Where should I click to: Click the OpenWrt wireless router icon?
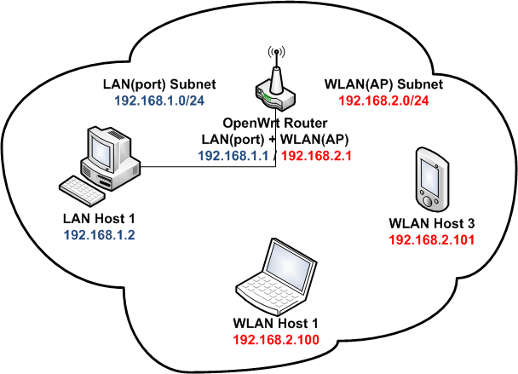274,95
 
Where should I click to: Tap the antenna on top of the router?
274,64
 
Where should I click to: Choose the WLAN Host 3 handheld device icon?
430,179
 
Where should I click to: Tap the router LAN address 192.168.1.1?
233,156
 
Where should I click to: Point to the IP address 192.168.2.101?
430,240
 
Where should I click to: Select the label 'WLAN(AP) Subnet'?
383,85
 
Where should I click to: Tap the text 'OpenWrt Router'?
274,124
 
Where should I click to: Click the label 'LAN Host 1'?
99,218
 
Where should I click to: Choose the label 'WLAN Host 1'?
274,325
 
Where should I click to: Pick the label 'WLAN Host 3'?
431,226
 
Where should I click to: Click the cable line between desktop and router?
204,166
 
